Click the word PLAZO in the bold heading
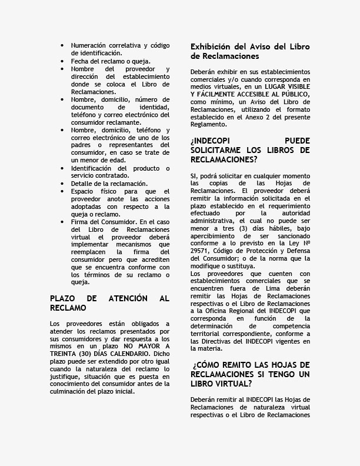click(62, 299)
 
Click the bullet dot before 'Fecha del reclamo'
click(63, 61)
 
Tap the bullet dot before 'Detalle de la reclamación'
click(63, 184)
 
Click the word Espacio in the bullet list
click(83, 191)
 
